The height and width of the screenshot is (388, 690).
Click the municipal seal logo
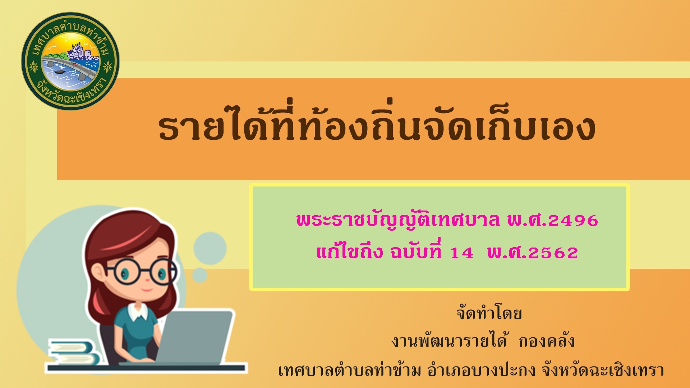[70, 61]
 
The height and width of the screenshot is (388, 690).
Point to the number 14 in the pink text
[462, 253]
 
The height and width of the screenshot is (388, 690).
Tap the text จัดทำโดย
[489, 313]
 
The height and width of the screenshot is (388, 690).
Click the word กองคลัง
[547, 341]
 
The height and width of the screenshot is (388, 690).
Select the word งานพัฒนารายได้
[450, 341]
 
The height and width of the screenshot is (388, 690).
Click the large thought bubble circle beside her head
[210, 248]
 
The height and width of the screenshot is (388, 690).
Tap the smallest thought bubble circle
[200, 275]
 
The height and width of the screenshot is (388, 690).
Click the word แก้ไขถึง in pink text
[350, 251]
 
